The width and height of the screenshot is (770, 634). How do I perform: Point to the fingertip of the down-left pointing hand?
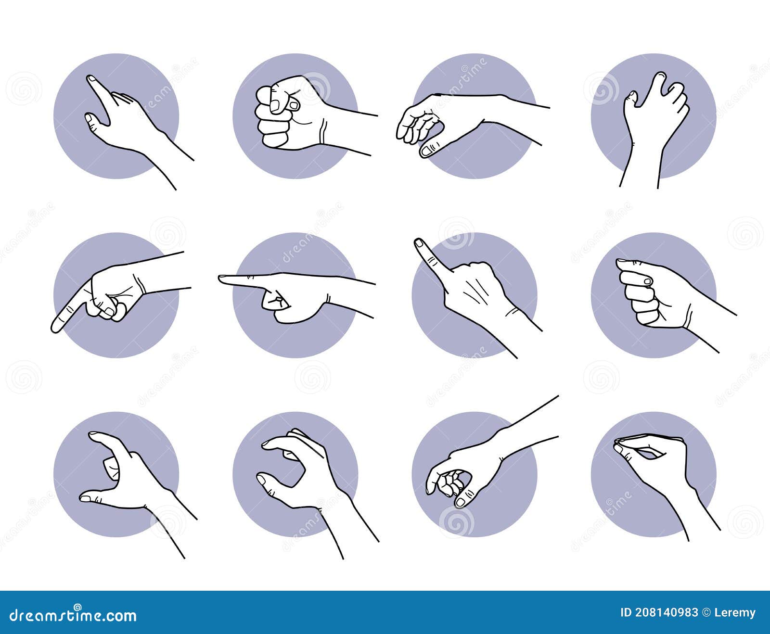(55, 328)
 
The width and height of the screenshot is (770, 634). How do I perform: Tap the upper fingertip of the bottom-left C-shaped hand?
(94, 435)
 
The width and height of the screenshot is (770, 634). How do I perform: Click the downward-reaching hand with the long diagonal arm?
(462, 467)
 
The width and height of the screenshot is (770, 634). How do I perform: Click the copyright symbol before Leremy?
(707, 612)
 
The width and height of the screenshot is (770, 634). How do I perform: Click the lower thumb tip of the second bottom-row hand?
(262, 480)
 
